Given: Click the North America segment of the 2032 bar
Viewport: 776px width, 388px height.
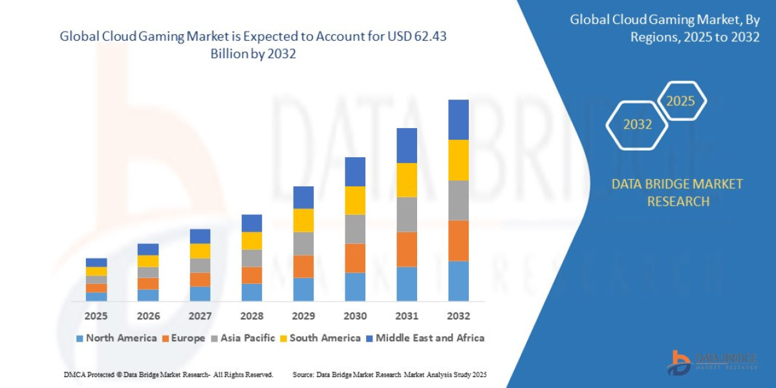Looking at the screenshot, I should pos(458,281).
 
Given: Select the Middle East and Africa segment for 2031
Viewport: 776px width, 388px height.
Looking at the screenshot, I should pos(407,145).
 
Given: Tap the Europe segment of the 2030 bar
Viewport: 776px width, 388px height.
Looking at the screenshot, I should pos(355,258).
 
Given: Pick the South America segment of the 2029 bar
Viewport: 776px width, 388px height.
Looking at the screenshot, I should pos(303,220).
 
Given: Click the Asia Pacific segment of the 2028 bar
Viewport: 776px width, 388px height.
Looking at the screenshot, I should pos(252,258).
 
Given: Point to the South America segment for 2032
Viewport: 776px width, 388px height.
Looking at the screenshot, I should pos(458,160).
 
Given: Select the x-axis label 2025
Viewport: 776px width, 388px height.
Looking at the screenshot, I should pos(96,316).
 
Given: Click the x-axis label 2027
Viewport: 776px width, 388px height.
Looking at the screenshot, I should pos(200,316).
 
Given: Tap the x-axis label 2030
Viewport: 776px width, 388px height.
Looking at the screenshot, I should pos(355,316).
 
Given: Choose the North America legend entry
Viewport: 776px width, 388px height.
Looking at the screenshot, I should pos(116,338).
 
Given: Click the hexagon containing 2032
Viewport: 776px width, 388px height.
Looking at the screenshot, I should pos(637,125).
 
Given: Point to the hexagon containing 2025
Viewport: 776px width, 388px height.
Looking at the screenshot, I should pos(680,102).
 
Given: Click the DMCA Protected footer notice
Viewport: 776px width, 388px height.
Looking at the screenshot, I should pos(168,374).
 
